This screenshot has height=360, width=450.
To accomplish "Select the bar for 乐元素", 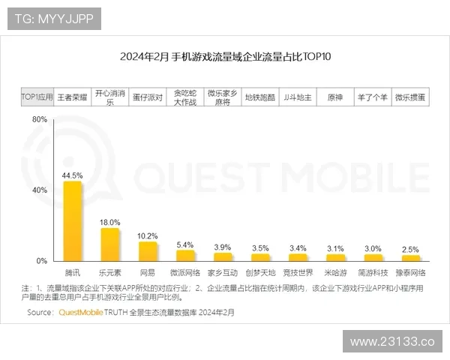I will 110,244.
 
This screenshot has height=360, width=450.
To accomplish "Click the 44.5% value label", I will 72,175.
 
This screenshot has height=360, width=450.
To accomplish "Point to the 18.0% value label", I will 110,222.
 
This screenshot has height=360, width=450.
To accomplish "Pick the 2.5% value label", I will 410,249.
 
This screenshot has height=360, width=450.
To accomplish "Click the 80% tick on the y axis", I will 40,120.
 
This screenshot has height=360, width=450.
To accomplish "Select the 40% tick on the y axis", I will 40,190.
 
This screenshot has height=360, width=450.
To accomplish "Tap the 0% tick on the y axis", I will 42,261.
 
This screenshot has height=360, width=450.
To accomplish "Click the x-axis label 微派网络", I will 184,272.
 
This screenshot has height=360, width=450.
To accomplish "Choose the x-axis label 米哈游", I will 335,272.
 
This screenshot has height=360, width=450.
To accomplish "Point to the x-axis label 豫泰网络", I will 410,272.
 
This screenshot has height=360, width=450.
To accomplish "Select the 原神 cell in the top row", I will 335,97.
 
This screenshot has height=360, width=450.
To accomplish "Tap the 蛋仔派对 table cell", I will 148,97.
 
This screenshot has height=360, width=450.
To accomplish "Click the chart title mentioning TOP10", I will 225,56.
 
